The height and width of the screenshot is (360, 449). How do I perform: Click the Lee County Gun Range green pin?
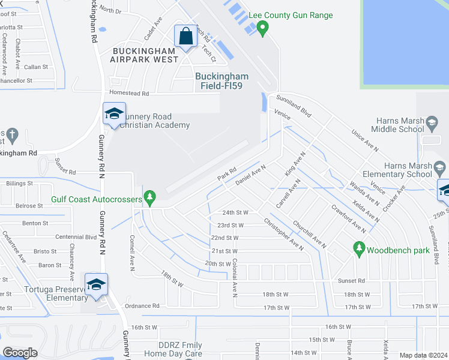pyautogui.click(x=262, y=28)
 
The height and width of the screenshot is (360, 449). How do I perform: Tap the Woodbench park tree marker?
pyautogui.click(x=359, y=248)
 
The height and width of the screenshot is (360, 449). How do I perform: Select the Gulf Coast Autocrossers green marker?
pyautogui.click(x=150, y=197)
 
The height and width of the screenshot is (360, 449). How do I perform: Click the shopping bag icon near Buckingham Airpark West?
pyautogui.click(x=185, y=36)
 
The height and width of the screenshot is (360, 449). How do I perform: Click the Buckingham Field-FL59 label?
pyautogui.click(x=221, y=82)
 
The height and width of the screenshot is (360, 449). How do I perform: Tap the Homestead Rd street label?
pyautogui.click(x=128, y=94)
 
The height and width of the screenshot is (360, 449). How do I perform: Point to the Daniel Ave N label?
pyautogui.click(x=250, y=175)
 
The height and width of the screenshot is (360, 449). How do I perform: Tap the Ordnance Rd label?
pyautogui.click(x=146, y=305)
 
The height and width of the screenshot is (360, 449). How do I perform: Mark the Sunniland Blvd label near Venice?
pyautogui.click(x=297, y=106)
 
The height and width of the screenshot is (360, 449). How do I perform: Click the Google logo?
pyautogui.click(x=20, y=352)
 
